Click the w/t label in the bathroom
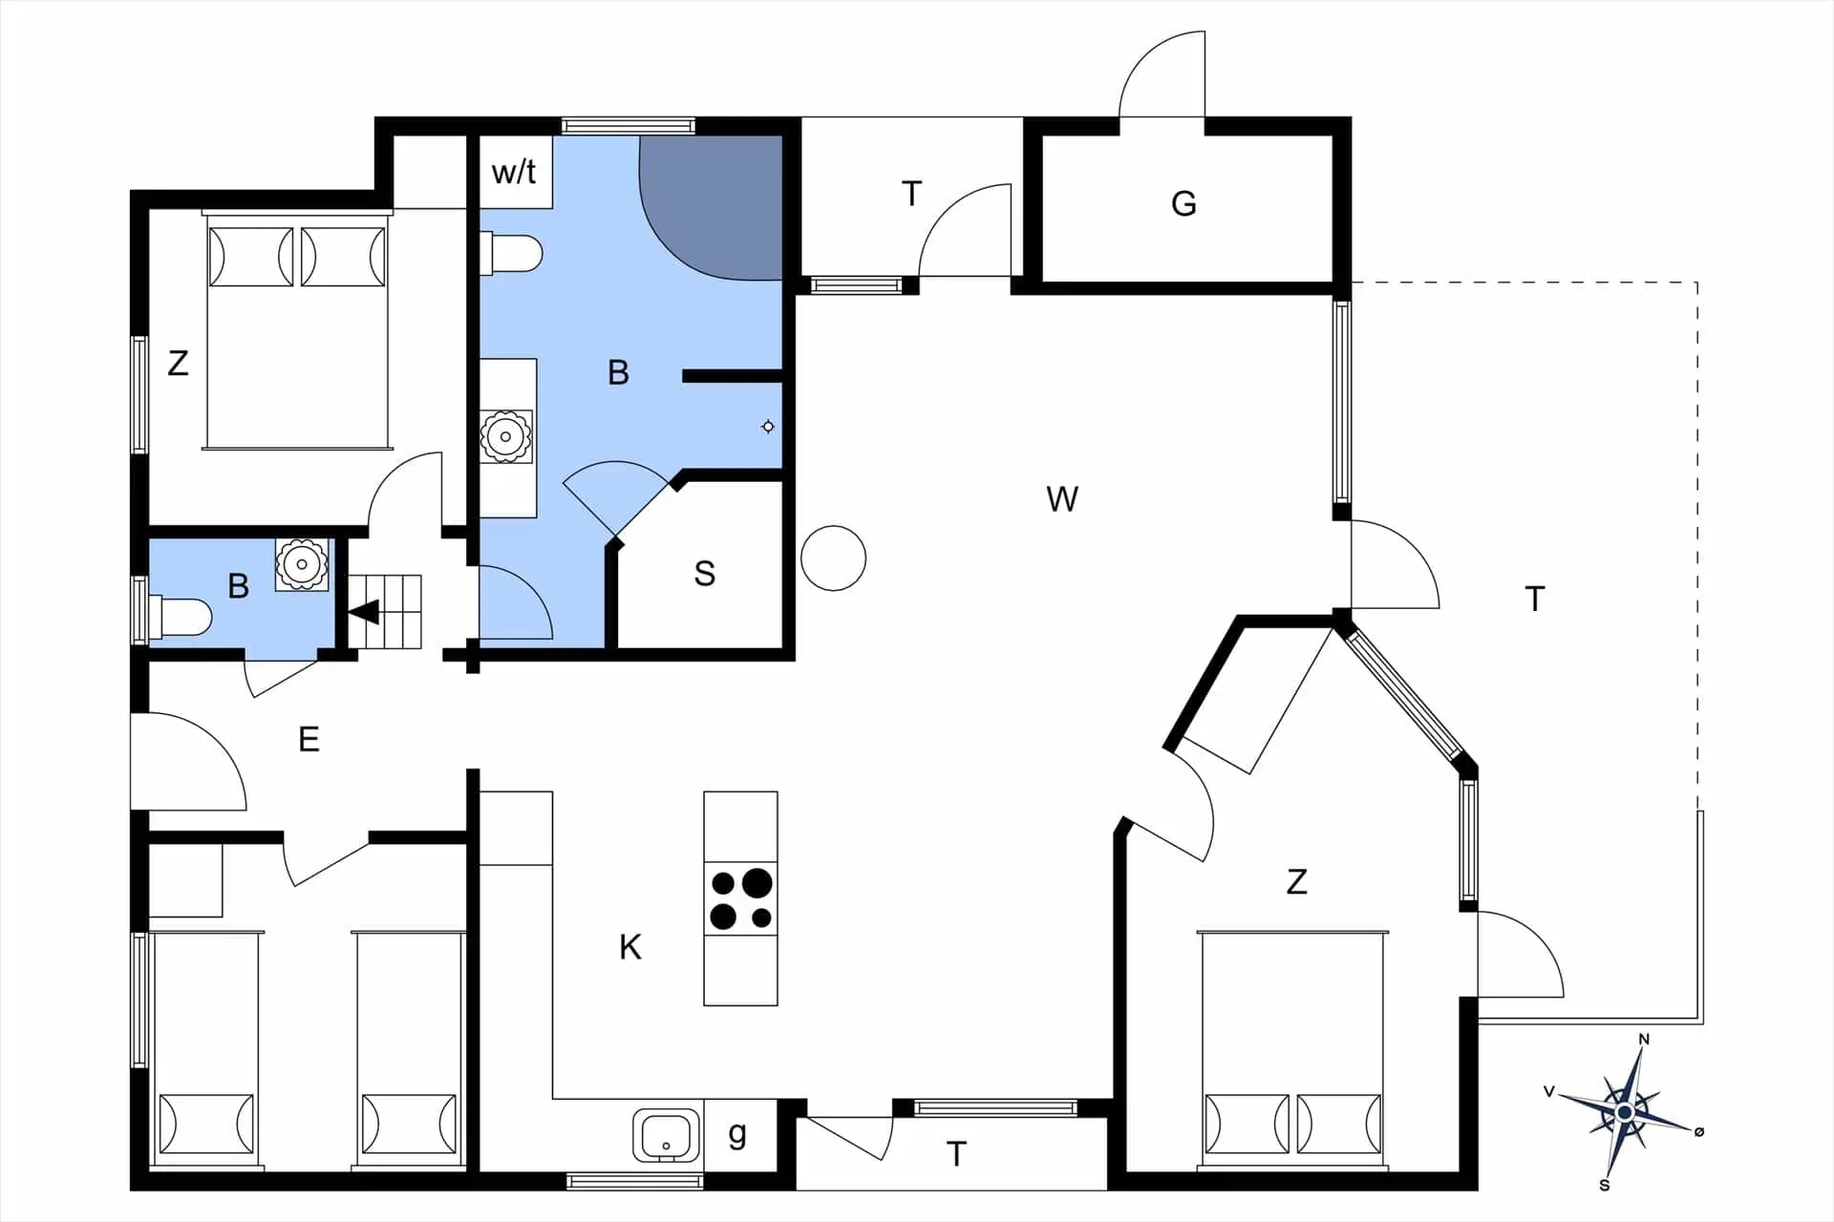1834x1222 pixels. [514, 173]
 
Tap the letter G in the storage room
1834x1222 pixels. [1184, 203]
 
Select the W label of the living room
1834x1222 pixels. [1062, 499]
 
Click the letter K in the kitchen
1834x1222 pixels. [630, 947]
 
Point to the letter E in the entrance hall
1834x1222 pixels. [309, 739]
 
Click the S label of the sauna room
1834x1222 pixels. [704, 574]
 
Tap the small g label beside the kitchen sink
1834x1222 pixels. [737, 1134]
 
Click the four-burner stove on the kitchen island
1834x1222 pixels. [740, 898]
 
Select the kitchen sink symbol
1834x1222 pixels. [666, 1135]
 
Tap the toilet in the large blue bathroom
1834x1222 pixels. [514, 254]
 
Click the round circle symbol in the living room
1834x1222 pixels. [833, 558]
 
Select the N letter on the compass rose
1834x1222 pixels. [1644, 1040]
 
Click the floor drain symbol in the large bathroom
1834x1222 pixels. [768, 427]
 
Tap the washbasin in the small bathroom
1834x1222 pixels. [302, 564]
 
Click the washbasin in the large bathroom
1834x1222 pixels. [505, 436]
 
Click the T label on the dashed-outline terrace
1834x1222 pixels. [1534, 600]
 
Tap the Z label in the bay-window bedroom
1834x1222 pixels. [1296, 881]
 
